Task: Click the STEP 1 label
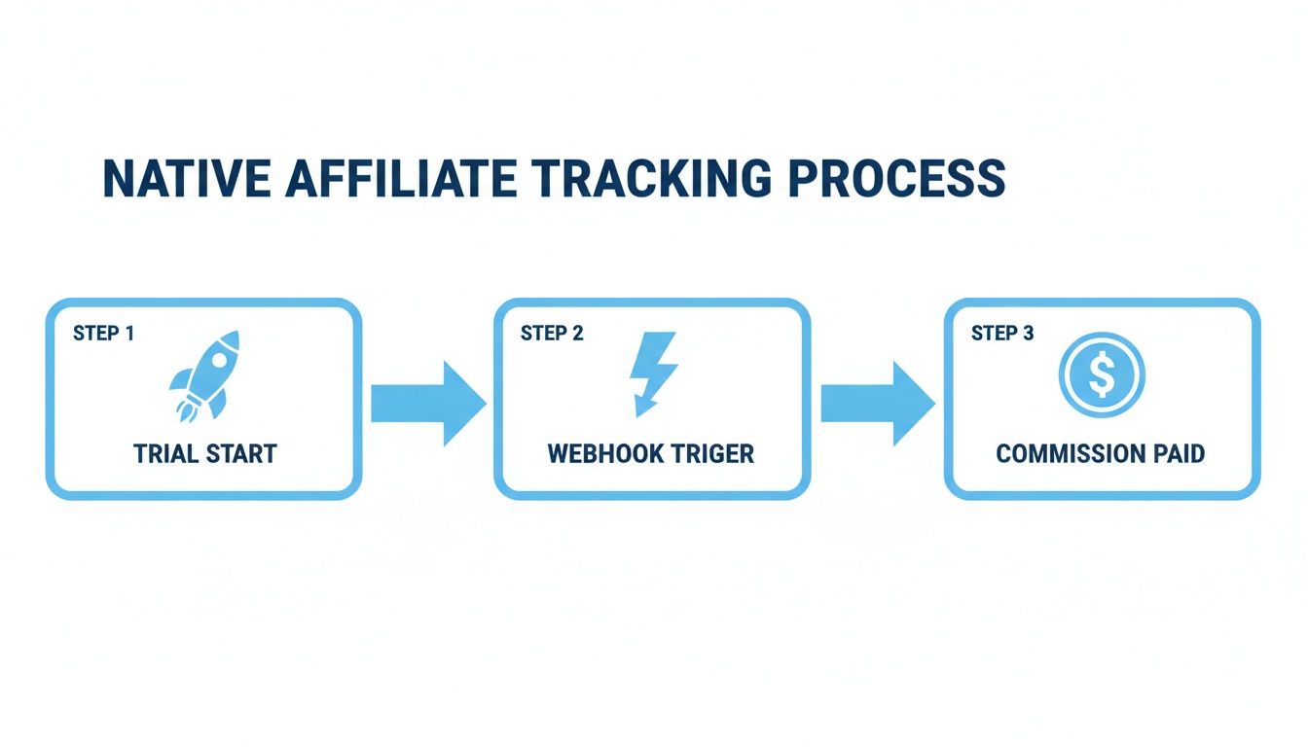coord(103,334)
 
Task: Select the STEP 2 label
coord(552,334)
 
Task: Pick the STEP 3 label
coord(1002,334)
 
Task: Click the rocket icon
coord(203,375)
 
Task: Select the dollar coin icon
coord(1102,375)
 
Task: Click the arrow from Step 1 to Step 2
coord(427,403)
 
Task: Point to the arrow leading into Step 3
coord(877,403)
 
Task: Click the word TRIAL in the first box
coord(165,454)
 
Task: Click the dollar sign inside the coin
coord(1102,376)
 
